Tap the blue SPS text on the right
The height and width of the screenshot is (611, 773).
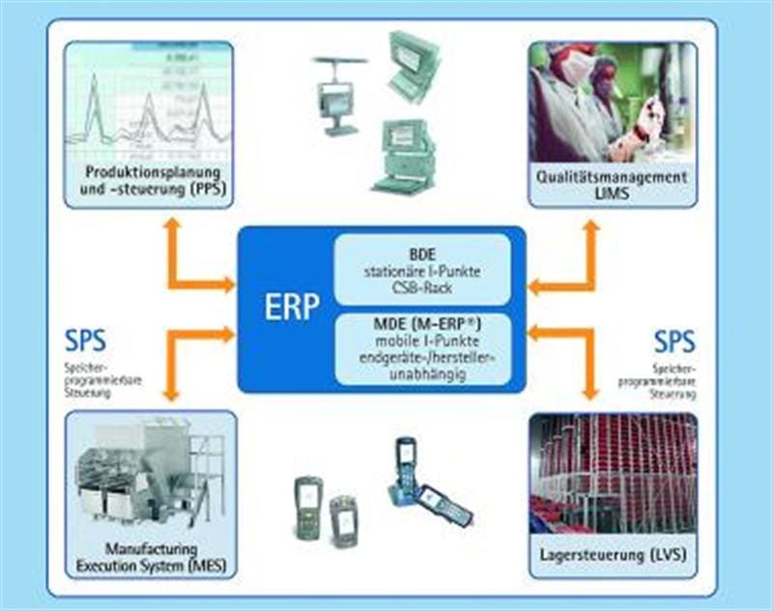pos(673,342)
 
